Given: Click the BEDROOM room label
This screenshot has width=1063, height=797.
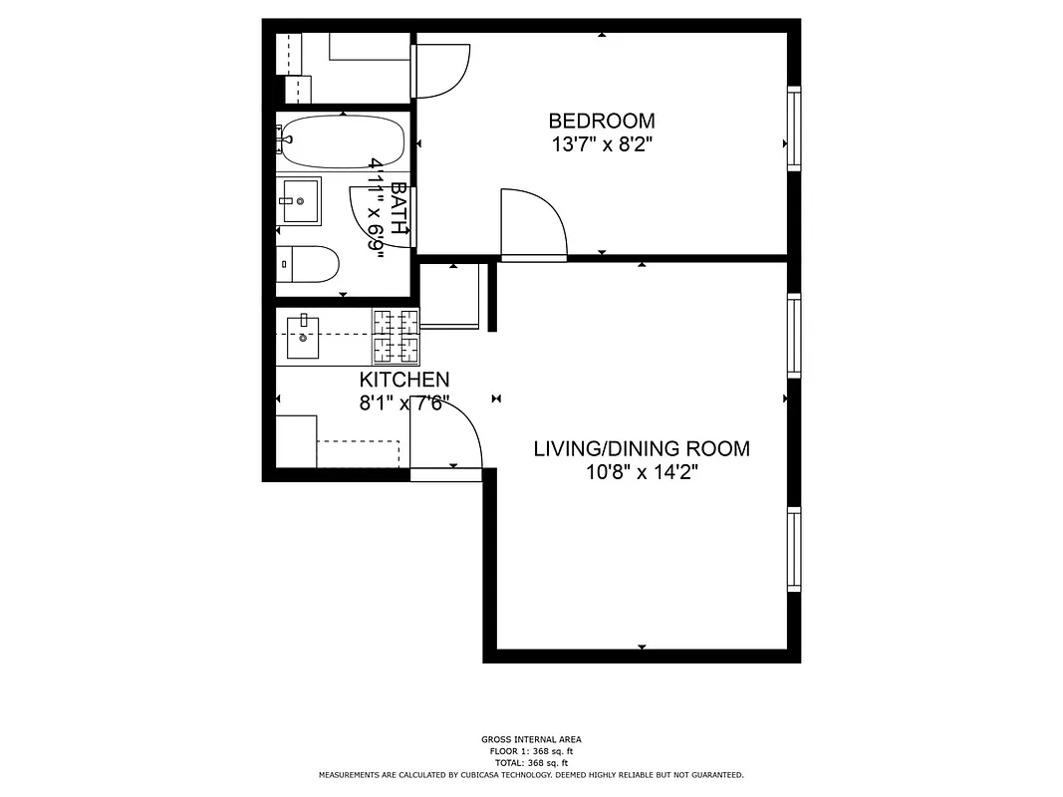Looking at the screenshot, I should [602, 121].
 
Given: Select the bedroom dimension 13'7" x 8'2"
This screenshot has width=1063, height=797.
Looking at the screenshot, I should [602, 144].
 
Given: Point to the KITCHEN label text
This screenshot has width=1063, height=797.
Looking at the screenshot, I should [403, 380].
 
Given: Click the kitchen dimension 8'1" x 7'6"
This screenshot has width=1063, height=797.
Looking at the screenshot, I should [403, 403].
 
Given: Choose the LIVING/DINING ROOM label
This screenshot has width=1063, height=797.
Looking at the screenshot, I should [642, 448].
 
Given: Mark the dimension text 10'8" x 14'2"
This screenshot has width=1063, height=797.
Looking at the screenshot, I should [642, 472].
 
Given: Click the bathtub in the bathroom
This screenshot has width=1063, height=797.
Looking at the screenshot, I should [342, 141].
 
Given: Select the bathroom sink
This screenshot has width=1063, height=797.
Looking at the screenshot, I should [299, 202].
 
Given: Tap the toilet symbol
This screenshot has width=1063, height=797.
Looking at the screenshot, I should [308, 264].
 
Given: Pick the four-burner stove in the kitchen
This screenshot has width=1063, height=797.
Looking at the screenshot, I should [397, 336].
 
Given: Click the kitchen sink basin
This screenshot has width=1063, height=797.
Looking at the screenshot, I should [303, 338].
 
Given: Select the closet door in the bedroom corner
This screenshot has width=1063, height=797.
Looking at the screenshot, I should [439, 70].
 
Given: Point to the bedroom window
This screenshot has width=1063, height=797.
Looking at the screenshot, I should [794, 129].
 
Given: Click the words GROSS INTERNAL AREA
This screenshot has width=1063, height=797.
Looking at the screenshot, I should [531, 739].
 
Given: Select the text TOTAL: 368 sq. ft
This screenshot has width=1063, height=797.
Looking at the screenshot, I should [531, 762].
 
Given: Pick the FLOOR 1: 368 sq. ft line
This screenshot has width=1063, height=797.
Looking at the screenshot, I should [531, 751].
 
